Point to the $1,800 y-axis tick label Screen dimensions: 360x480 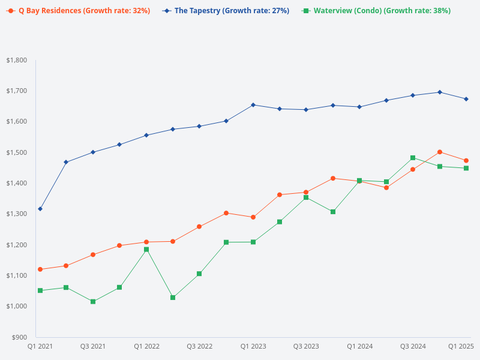[17, 60]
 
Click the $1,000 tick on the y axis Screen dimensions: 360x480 [17, 306]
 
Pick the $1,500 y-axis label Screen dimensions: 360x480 [17, 152]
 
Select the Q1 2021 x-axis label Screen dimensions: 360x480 [40, 346]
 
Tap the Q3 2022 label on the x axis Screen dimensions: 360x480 [200, 346]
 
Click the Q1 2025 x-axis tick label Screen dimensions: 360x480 [461, 346]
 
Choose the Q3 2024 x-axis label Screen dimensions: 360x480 [413, 346]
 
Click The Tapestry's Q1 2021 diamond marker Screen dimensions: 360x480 [40, 209]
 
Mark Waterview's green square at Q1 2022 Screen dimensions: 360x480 [146, 250]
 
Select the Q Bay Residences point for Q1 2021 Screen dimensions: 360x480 [40, 269]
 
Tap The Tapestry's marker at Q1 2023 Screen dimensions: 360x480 [253, 105]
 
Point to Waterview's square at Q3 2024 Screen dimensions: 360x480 [413, 158]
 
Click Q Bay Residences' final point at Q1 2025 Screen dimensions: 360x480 [466, 160]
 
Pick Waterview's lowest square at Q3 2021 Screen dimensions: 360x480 [93, 301]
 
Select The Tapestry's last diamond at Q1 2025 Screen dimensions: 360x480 [466, 99]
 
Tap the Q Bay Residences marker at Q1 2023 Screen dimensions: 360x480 [253, 217]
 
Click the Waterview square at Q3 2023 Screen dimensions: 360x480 [306, 197]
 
